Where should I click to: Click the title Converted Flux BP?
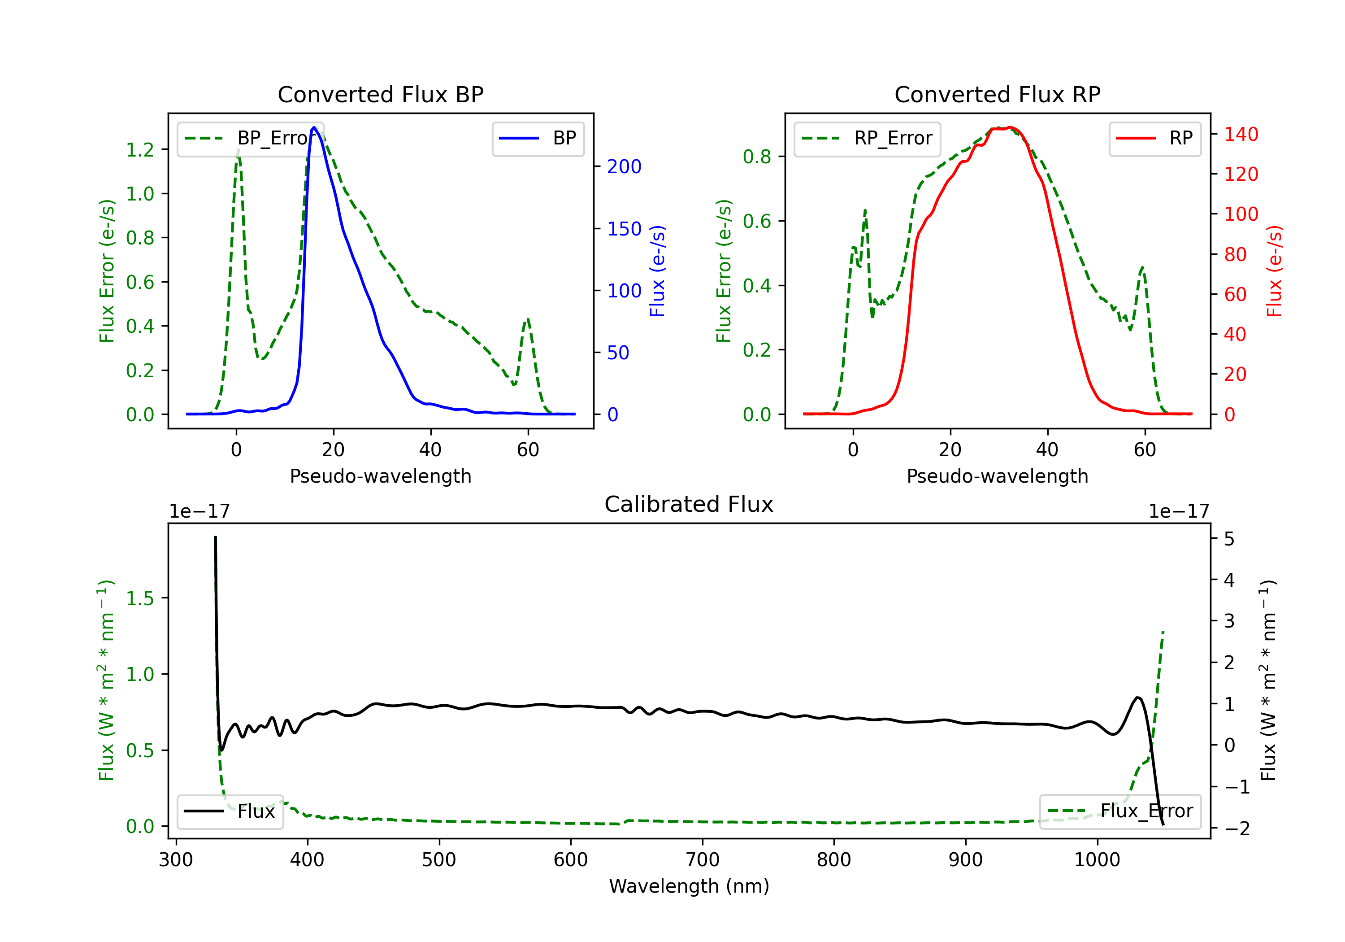(380, 94)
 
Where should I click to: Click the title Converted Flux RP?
(997, 94)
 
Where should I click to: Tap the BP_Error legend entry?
(251, 138)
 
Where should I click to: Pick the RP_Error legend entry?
(868, 138)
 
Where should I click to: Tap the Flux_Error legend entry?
(1120, 811)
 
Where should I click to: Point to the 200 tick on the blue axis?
(624, 166)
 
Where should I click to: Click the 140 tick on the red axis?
(1241, 134)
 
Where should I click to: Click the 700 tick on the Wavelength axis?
(703, 860)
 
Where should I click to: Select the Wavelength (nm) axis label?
(689, 886)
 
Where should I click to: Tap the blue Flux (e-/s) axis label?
(657, 271)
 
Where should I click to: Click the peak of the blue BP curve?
(314, 127)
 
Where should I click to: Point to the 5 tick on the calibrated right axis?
(1229, 539)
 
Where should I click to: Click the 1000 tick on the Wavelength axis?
(1097, 860)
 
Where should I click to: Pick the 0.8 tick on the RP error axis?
(757, 157)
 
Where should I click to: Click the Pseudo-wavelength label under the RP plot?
(997, 476)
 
